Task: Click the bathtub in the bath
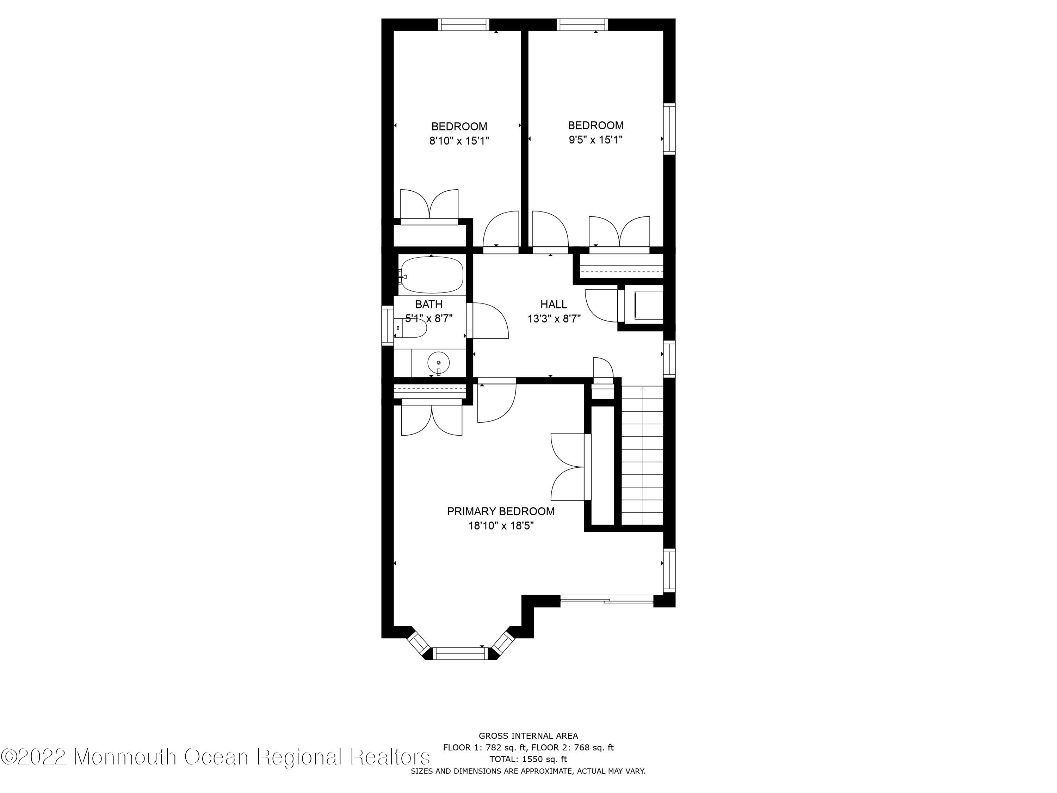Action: (432, 275)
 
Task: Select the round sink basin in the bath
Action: (438, 363)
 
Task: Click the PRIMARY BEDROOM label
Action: (500, 511)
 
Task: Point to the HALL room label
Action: (554, 305)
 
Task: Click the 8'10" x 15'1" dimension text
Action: (459, 141)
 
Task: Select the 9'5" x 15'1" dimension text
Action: (595, 140)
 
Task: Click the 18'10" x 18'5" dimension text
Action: (500, 526)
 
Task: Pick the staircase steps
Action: (642, 459)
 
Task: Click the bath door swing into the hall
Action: (488, 321)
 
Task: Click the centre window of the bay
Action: (459, 653)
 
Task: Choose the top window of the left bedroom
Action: (464, 24)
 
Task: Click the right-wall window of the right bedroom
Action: (669, 129)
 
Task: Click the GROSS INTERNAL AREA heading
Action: (528, 736)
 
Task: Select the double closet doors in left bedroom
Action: (429, 207)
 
